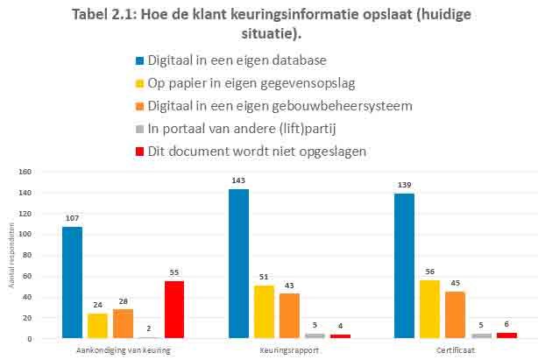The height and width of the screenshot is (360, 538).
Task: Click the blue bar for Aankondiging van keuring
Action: (x=72, y=283)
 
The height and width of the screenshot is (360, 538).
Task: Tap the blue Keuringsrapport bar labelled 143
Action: (x=238, y=264)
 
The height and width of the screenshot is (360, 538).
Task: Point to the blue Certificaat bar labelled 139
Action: (x=404, y=265)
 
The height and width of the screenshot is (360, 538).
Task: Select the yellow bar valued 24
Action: (x=97, y=326)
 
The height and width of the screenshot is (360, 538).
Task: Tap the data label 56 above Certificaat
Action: (x=429, y=272)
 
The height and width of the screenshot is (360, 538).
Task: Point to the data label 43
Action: (x=289, y=286)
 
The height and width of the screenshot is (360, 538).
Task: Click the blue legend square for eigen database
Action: (x=139, y=60)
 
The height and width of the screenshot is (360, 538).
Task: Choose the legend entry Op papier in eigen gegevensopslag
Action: (x=243, y=83)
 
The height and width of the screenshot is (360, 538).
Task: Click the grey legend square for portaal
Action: (x=139, y=129)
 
